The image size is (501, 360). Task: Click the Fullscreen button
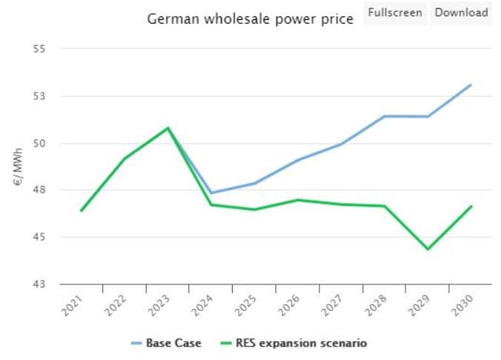tap(395, 13)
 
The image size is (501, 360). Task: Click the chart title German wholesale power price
tap(250, 19)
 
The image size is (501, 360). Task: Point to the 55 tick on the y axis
tap(39, 49)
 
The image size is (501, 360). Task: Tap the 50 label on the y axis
tap(39, 143)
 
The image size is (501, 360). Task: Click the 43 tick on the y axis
tap(39, 284)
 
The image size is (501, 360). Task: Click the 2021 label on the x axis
tap(74, 304)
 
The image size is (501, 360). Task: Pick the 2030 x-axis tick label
tap(464, 304)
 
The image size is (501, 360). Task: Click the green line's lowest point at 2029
tap(428, 249)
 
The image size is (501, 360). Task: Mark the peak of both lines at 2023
tap(168, 127)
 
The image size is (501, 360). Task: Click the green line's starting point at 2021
tap(82, 210)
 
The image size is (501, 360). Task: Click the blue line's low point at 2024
tap(211, 193)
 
